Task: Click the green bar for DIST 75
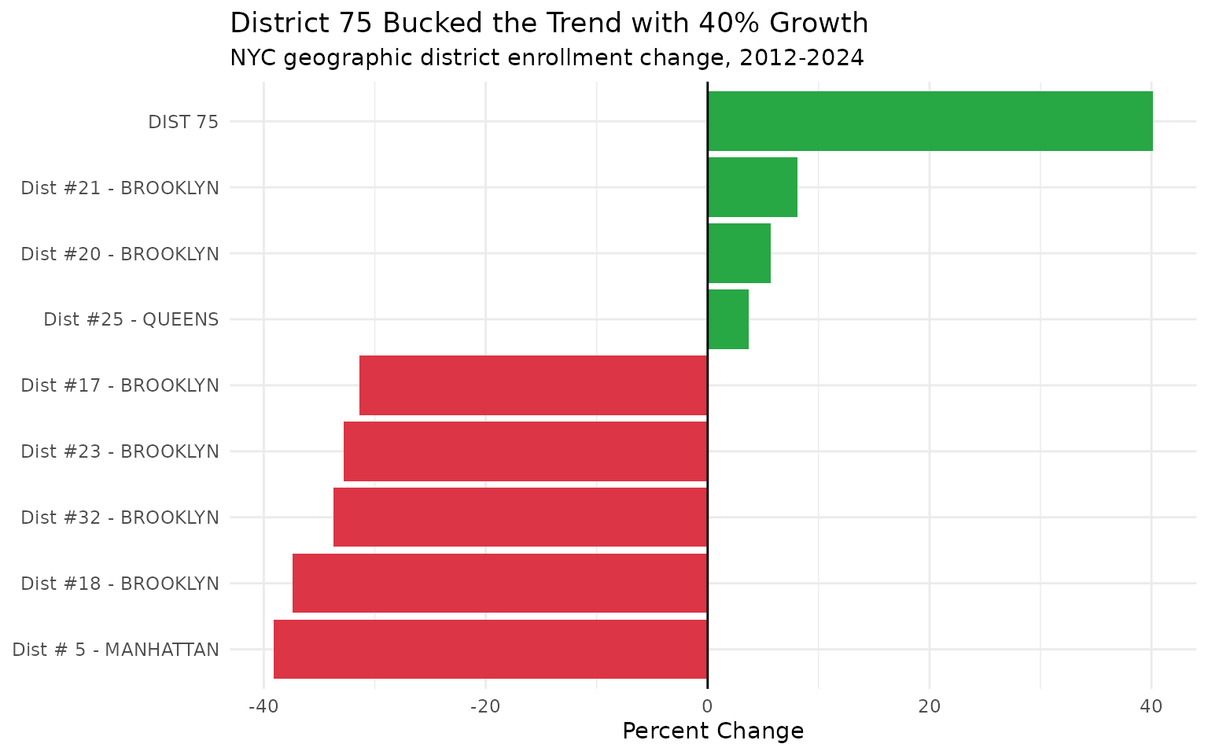pos(930,121)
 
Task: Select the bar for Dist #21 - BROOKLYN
pos(753,187)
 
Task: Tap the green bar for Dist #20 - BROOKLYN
pos(739,253)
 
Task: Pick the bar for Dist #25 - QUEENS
pos(728,319)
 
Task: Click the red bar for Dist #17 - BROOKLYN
pos(533,385)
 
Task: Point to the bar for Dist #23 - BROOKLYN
pos(525,451)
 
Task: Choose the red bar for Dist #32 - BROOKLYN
pos(521,517)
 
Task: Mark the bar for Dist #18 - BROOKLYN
pos(500,584)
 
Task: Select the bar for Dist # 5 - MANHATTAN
pos(491,650)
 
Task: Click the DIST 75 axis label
pos(183,122)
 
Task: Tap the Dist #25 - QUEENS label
pos(131,320)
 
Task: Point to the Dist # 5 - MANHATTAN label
pos(116,650)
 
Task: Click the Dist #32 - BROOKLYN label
pos(120,518)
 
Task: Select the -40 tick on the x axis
pos(263,706)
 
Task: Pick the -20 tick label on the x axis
pos(485,706)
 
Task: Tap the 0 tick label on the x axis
pos(708,706)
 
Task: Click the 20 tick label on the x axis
pos(930,706)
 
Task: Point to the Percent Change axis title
pos(713,731)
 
